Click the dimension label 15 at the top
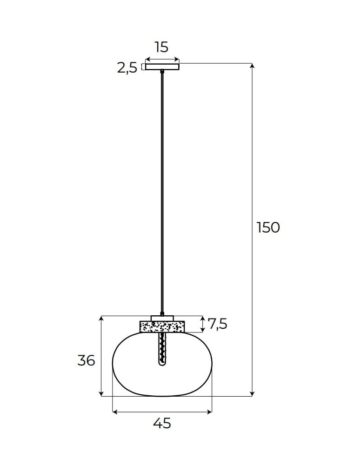tap(161, 47)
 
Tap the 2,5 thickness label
tap(127, 68)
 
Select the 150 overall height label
tap(268, 227)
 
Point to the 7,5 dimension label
tap(217, 324)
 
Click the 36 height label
tap(86, 360)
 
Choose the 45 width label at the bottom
tap(162, 423)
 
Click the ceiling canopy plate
tap(162, 66)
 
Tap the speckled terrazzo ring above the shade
tap(162, 326)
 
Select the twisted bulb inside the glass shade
tap(162, 349)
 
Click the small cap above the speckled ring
tap(162, 318)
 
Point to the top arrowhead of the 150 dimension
tap(253, 66)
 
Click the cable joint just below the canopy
tap(162, 72)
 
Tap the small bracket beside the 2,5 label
tap(142, 66)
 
